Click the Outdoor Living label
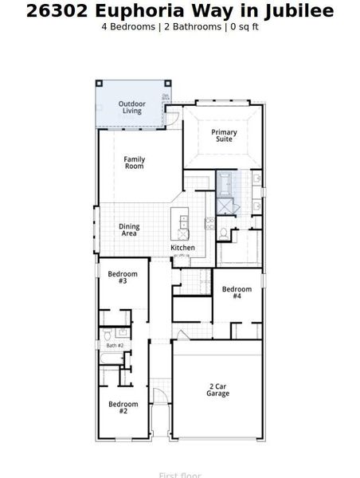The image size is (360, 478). pyautogui.click(x=131, y=108)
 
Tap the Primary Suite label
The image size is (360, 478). pyautogui.click(x=224, y=135)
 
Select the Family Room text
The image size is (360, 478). pyautogui.click(x=134, y=163)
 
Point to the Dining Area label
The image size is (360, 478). pyautogui.click(x=130, y=230)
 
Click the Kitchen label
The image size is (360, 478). pyautogui.click(x=182, y=248)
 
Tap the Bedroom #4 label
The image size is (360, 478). pyautogui.click(x=237, y=292)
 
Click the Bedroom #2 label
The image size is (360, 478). pyautogui.click(x=123, y=407)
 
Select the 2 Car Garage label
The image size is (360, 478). pyautogui.click(x=217, y=390)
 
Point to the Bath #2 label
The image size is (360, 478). pyautogui.click(x=115, y=345)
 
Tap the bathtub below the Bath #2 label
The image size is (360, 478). pyautogui.click(x=112, y=369)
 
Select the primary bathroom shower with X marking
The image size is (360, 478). pyautogui.click(x=226, y=206)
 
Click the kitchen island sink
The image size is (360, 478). pyautogui.click(x=184, y=224)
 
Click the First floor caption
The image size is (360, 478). pyautogui.click(x=180, y=475)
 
